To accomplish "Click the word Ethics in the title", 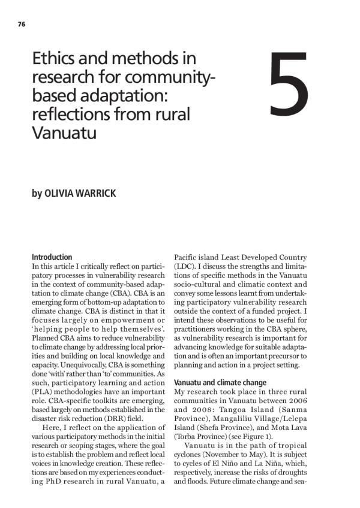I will (x=53, y=60).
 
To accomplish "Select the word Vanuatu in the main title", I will (x=64, y=132).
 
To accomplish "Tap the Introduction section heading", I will (x=52, y=257).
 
